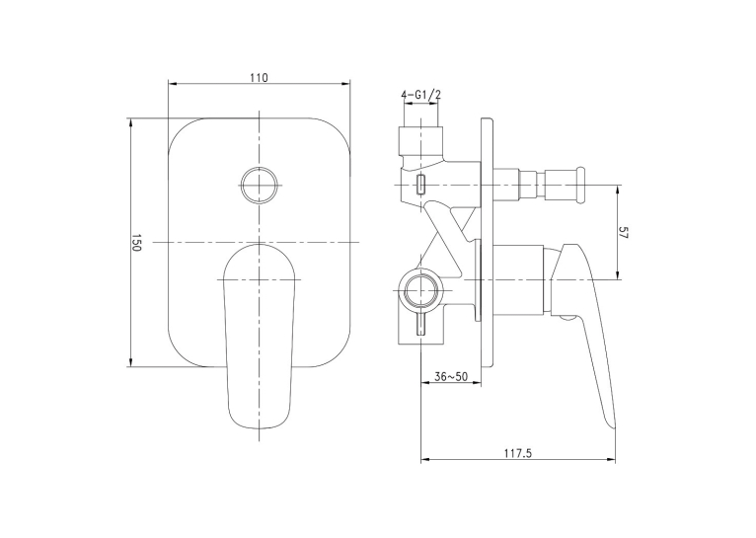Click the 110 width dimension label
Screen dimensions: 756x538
coord(259,78)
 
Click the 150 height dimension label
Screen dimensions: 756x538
coord(136,243)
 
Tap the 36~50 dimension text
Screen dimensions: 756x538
coord(451,376)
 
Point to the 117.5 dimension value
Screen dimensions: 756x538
coord(518,453)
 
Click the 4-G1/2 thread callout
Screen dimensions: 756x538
coord(420,95)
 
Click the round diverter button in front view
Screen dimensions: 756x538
coord(260,185)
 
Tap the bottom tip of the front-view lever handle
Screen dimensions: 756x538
coord(260,429)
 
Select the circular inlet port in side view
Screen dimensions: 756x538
coord(421,291)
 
